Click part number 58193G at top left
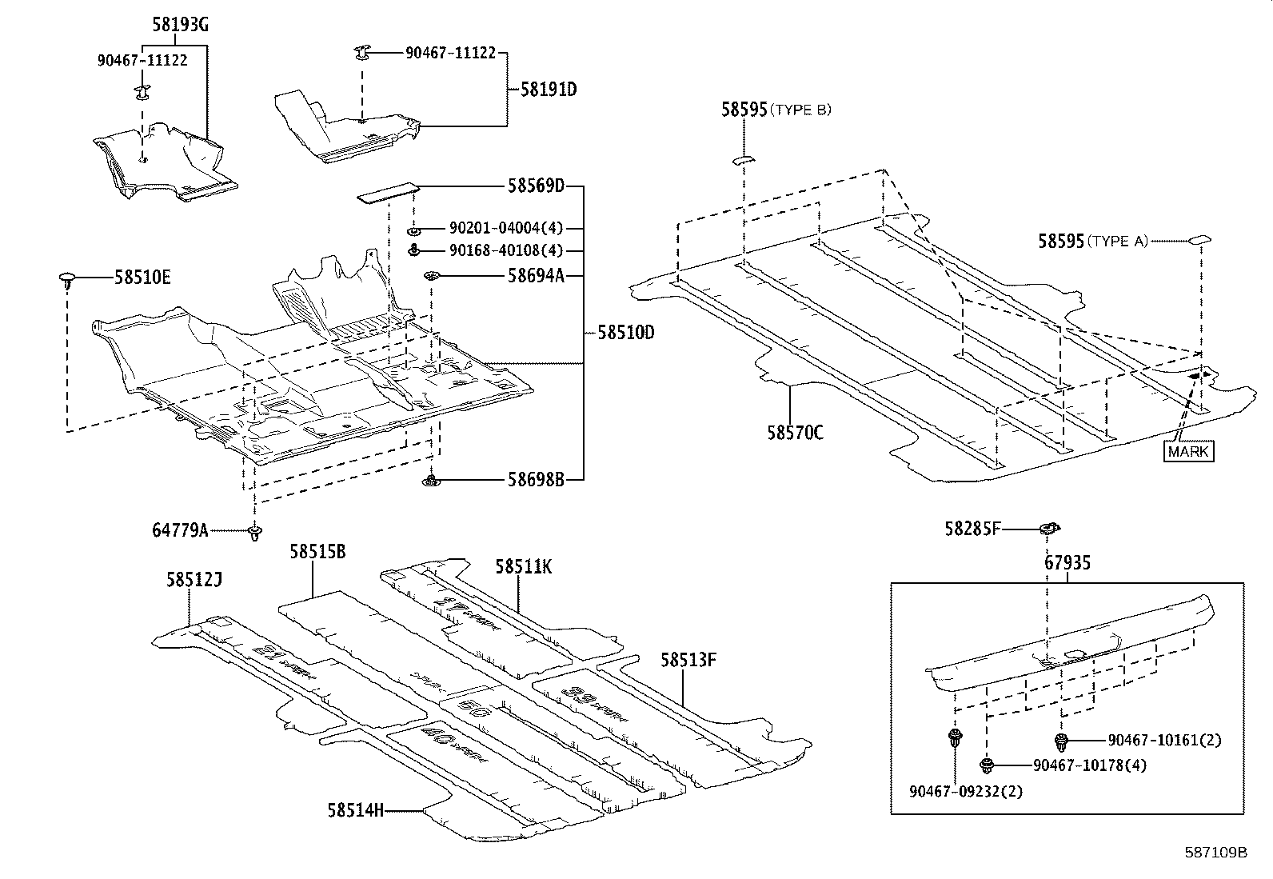point(181,26)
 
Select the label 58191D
point(549,90)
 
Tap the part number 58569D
point(536,186)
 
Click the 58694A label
point(536,276)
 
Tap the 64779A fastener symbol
point(255,532)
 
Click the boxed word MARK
point(1189,452)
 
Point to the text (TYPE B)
point(800,110)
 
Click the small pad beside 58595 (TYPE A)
point(1200,238)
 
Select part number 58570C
point(795,433)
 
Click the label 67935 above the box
point(1067,563)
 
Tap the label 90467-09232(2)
point(965,791)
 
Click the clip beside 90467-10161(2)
point(1061,740)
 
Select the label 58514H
point(355,810)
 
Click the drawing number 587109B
point(1215,853)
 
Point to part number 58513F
point(688,660)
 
